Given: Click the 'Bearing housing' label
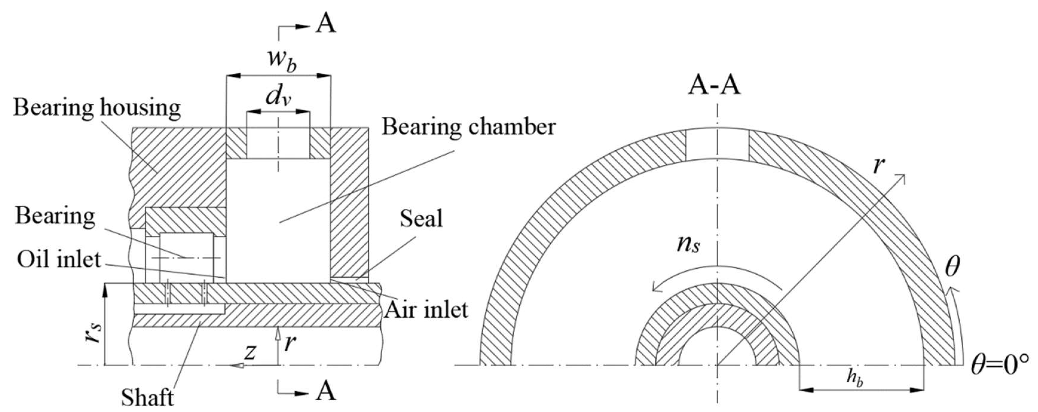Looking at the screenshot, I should click(x=97, y=108).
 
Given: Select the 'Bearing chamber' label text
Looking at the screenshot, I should click(x=469, y=127).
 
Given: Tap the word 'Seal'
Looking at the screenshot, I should click(x=421, y=219).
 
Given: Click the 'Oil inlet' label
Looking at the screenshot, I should click(x=59, y=259).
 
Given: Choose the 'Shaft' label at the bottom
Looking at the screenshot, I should click(x=147, y=398).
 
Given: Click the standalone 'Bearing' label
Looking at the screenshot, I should click(x=55, y=216).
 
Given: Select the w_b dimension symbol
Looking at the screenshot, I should click(x=282, y=60).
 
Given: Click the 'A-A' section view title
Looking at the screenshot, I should click(x=714, y=86).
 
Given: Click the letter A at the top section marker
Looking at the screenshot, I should click(x=325, y=24).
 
